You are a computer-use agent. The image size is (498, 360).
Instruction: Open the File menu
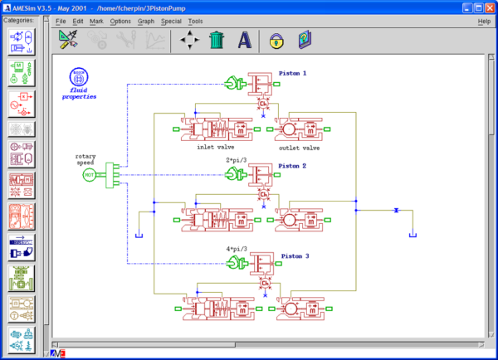[x=61, y=20]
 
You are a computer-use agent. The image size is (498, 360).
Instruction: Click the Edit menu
[x=78, y=20]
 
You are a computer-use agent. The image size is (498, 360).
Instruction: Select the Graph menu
[x=146, y=20]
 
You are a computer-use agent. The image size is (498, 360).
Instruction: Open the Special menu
[x=171, y=20]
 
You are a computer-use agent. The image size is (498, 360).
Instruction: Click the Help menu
[x=484, y=20]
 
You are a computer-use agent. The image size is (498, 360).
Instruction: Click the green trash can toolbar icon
[x=217, y=39]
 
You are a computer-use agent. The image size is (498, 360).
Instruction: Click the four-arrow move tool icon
[x=190, y=39]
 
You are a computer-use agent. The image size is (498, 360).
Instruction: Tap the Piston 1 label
[x=293, y=73]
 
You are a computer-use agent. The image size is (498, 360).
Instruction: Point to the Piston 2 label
[x=293, y=166]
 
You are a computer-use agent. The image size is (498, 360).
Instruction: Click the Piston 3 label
[x=295, y=256]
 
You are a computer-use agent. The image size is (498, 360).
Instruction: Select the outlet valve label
[x=300, y=148]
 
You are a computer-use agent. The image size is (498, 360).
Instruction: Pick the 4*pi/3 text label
[x=238, y=250]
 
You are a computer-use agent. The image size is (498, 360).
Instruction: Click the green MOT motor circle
[x=89, y=174]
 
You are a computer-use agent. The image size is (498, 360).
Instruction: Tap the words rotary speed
[x=86, y=159]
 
